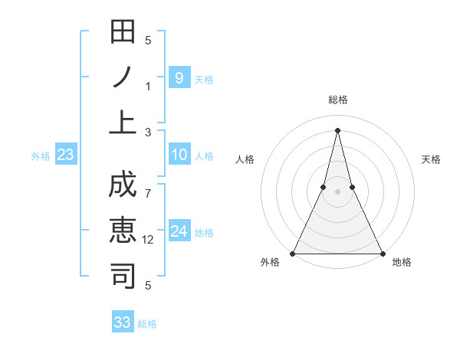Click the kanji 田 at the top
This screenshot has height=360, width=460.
[123, 33]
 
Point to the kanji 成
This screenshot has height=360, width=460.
[123, 187]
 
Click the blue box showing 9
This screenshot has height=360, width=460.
[179, 77]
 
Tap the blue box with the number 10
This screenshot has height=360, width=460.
[179, 155]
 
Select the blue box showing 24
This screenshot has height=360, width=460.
[179, 231]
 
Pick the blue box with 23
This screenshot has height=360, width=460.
[65, 155]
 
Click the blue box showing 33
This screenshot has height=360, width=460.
[123, 322]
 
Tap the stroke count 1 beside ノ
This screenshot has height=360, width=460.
[149, 86]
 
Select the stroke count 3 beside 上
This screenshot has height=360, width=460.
[149, 132]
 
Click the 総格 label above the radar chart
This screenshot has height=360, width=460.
[337, 100]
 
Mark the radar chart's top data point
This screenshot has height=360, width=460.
[337, 129]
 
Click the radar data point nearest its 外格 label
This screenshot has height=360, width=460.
[294, 254]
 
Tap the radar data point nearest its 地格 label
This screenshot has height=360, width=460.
[381, 254]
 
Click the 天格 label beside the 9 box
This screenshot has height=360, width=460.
[204, 80]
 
